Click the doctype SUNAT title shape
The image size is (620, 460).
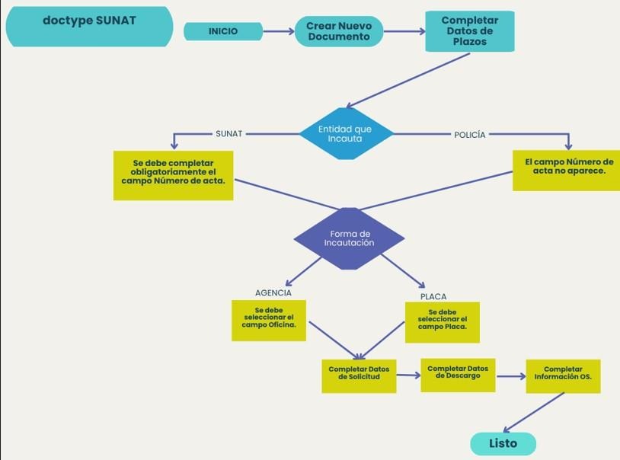(89, 26)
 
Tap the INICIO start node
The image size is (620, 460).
(222, 31)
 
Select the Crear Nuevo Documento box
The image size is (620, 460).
(339, 31)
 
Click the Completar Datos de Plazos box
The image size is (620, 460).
(469, 31)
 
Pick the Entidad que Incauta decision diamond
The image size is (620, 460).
(345, 134)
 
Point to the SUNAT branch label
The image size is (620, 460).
(229, 134)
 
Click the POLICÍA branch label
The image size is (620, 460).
(469, 135)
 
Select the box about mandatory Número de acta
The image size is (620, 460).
(174, 175)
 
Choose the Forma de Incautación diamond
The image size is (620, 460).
(349, 238)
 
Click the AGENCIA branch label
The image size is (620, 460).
(273, 293)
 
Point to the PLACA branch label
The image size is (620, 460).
(433, 296)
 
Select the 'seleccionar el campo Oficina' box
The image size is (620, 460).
(269, 320)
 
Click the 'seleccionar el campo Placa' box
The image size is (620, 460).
(442, 322)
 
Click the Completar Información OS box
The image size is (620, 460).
(563, 375)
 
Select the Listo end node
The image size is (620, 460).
(503, 443)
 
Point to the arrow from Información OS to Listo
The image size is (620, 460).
(534, 412)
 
